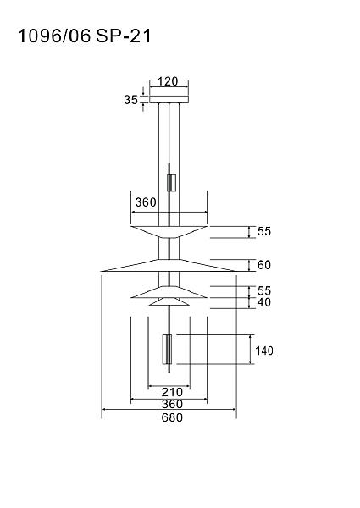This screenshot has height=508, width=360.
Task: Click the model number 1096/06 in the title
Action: (x=54, y=36)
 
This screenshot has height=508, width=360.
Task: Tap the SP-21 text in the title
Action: (x=124, y=36)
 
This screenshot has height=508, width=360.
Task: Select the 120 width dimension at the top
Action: (x=168, y=81)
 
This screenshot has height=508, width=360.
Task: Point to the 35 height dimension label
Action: (x=131, y=100)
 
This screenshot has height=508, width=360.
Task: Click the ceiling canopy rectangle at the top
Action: (x=169, y=99)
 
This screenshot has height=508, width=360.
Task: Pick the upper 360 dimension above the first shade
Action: (x=146, y=202)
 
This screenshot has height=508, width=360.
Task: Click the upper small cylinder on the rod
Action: (x=171, y=183)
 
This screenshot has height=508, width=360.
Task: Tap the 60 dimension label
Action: (x=263, y=265)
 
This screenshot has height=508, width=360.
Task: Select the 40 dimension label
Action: (x=263, y=302)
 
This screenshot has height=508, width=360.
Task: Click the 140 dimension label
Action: (x=264, y=351)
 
